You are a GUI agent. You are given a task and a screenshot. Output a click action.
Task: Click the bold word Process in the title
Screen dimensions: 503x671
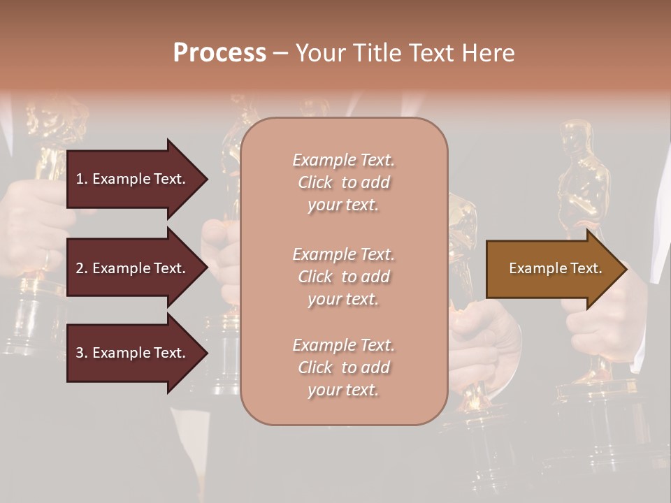tap(219, 53)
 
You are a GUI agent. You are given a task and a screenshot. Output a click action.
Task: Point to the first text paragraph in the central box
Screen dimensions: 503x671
tap(343, 182)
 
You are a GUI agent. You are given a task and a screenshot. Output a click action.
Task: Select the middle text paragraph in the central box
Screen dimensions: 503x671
tap(343, 277)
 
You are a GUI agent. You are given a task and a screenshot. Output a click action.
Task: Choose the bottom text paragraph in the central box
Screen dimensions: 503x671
tap(343, 367)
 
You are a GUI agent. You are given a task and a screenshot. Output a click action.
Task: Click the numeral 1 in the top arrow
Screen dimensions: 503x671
tap(80, 179)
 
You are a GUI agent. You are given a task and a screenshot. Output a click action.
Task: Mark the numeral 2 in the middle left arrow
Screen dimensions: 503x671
tap(80, 268)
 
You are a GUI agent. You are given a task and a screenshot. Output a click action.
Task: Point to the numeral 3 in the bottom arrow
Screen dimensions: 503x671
tap(80, 353)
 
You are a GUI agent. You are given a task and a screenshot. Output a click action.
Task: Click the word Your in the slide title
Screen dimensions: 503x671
tap(319, 53)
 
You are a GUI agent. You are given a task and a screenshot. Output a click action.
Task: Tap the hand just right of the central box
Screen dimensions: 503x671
tap(482, 328)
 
